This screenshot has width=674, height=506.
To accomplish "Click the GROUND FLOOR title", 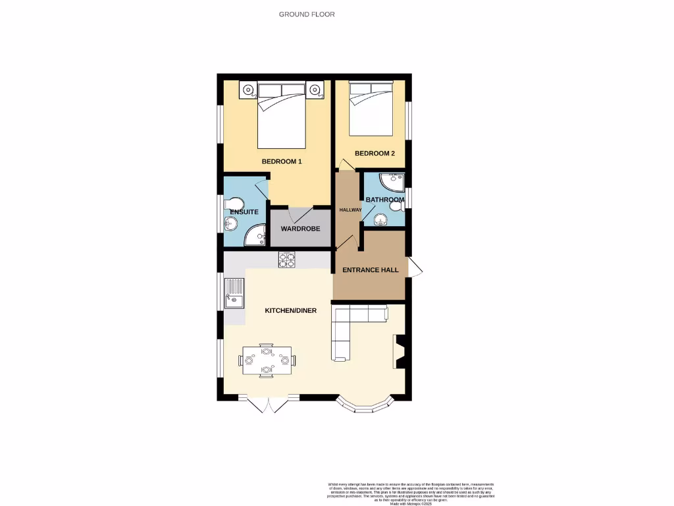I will click(302, 14).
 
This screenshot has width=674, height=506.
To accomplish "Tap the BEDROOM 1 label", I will click(282, 161).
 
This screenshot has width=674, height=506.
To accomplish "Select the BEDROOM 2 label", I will click(375, 154).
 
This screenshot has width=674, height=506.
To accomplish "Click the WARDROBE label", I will click(300, 229).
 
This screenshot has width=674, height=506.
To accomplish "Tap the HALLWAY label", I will click(350, 210).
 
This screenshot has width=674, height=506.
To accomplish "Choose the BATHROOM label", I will click(385, 200).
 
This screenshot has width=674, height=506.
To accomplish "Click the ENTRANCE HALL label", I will click(371, 269).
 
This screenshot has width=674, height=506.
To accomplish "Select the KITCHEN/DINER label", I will click(291, 310).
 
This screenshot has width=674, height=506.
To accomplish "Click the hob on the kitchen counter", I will click(287, 260).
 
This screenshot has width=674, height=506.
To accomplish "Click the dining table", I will click(267, 360).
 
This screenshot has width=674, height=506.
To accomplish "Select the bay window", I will click(365, 405).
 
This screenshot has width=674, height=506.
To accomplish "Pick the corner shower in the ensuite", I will click(253, 236).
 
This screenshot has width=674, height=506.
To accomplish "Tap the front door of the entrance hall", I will click(415, 267).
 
